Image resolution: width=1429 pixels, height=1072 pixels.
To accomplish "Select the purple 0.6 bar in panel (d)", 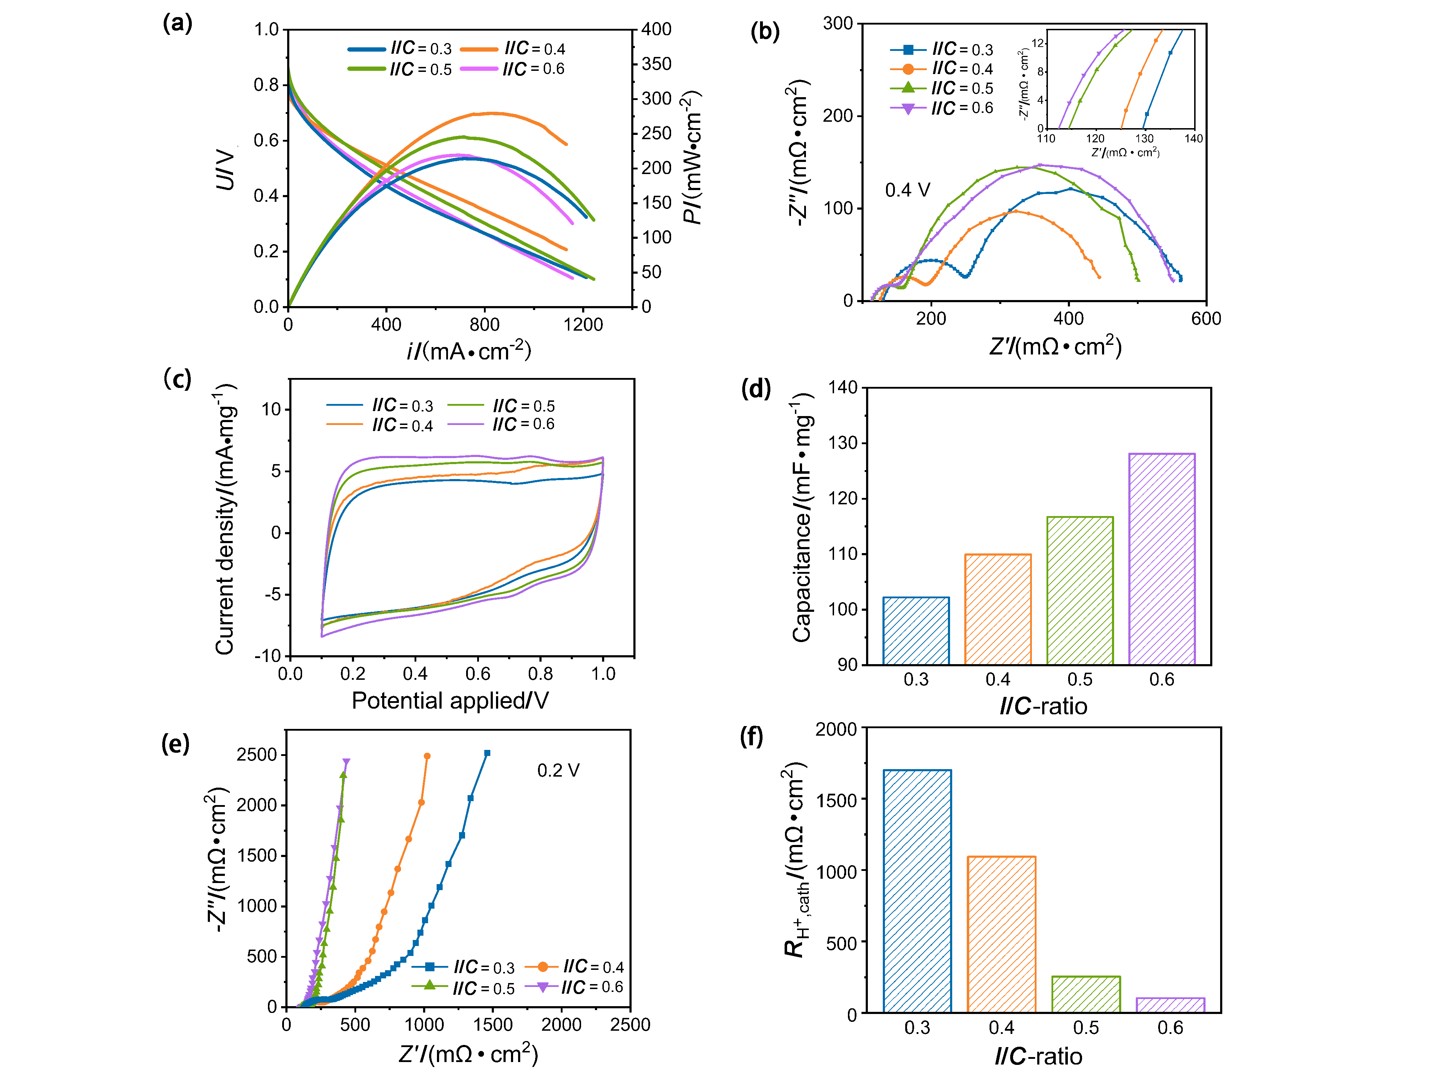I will point(1161,558).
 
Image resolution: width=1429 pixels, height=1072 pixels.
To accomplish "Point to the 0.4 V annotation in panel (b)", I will point(907,190).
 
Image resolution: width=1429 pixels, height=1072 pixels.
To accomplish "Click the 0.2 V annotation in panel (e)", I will point(558,770).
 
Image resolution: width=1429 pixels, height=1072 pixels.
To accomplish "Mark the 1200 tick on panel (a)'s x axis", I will point(583,324).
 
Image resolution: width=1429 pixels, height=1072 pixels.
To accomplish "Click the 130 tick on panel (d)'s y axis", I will point(842,443).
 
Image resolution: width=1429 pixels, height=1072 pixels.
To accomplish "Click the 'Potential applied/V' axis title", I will point(450,700).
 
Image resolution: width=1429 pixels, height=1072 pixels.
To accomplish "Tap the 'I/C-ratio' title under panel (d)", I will point(1043,706).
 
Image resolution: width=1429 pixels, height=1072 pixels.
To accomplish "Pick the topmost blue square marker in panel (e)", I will point(487,753).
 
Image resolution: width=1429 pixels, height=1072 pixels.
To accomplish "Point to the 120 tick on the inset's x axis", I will point(1095,138).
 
